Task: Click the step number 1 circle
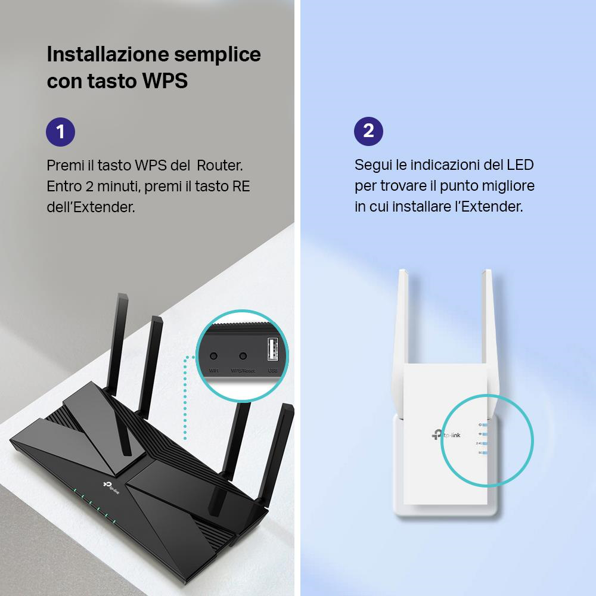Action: (60, 131)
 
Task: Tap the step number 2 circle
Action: (368, 131)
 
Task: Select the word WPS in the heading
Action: (164, 81)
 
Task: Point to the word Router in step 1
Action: (219, 165)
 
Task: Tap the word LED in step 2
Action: (520, 165)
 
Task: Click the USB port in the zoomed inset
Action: (272, 349)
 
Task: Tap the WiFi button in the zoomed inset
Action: (214, 356)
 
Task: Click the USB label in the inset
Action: (272, 371)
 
